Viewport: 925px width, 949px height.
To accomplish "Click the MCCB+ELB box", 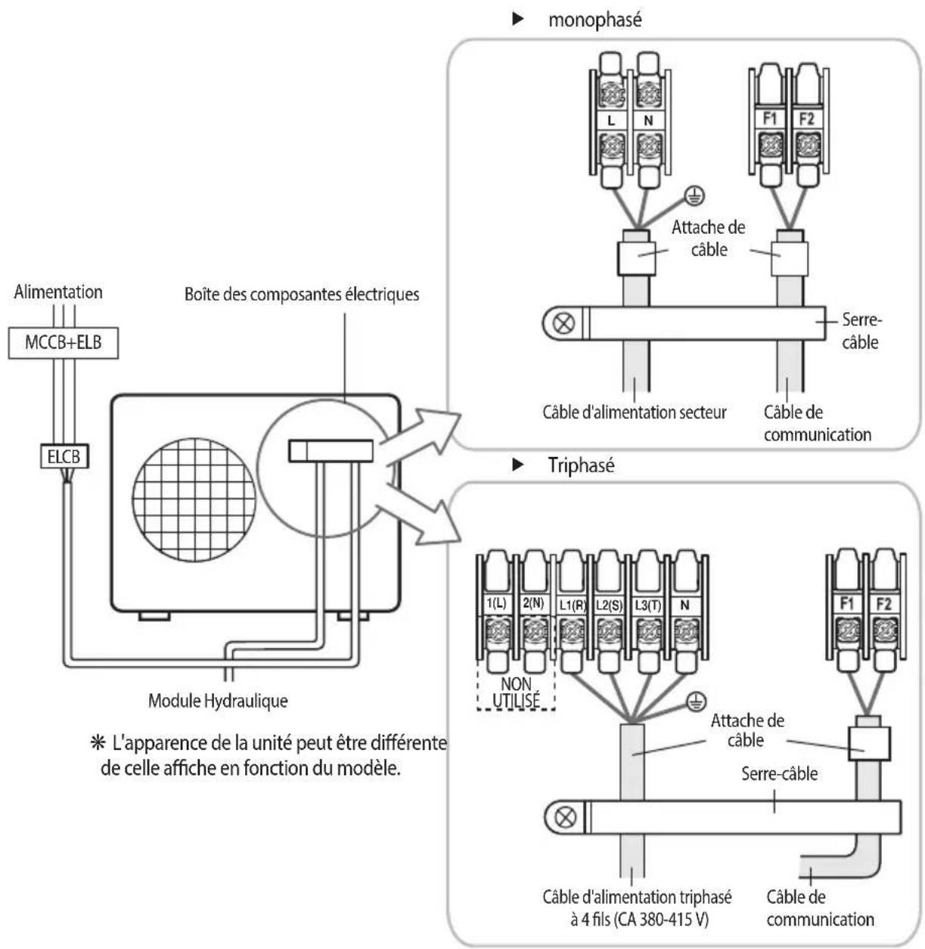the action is pyautogui.click(x=64, y=343).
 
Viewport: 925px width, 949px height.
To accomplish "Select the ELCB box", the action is pyautogui.click(x=64, y=456).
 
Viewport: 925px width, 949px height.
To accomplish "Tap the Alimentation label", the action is pyautogui.click(x=58, y=292).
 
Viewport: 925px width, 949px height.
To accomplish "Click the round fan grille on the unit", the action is pyautogui.click(x=194, y=500).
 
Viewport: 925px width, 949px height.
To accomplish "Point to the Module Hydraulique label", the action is pyautogui.click(x=218, y=701).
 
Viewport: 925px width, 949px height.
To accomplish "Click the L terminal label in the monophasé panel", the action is pyautogui.click(x=611, y=120).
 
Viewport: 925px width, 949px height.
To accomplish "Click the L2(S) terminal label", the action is pyautogui.click(x=609, y=605).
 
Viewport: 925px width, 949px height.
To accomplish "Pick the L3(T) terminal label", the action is pyautogui.click(x=647, y=605).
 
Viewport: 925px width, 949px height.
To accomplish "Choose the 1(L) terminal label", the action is pyautogui.click(x=496, y=604).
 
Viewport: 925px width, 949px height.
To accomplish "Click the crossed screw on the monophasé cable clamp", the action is pyautogui.click(x=564, y=323).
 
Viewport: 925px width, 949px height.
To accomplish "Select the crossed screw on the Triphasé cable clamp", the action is pyautogui.click(x=565, y=817).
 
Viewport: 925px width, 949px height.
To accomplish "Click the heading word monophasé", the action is pyautogui.click(x=595, y=20).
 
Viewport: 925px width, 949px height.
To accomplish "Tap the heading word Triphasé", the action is pyautogui.click(x=581, y=465).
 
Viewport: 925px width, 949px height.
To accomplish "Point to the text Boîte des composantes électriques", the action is pyautogui.click(x=302, y=294).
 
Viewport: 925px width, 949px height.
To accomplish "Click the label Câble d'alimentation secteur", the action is pyautogui.click(x=635, y=412).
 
